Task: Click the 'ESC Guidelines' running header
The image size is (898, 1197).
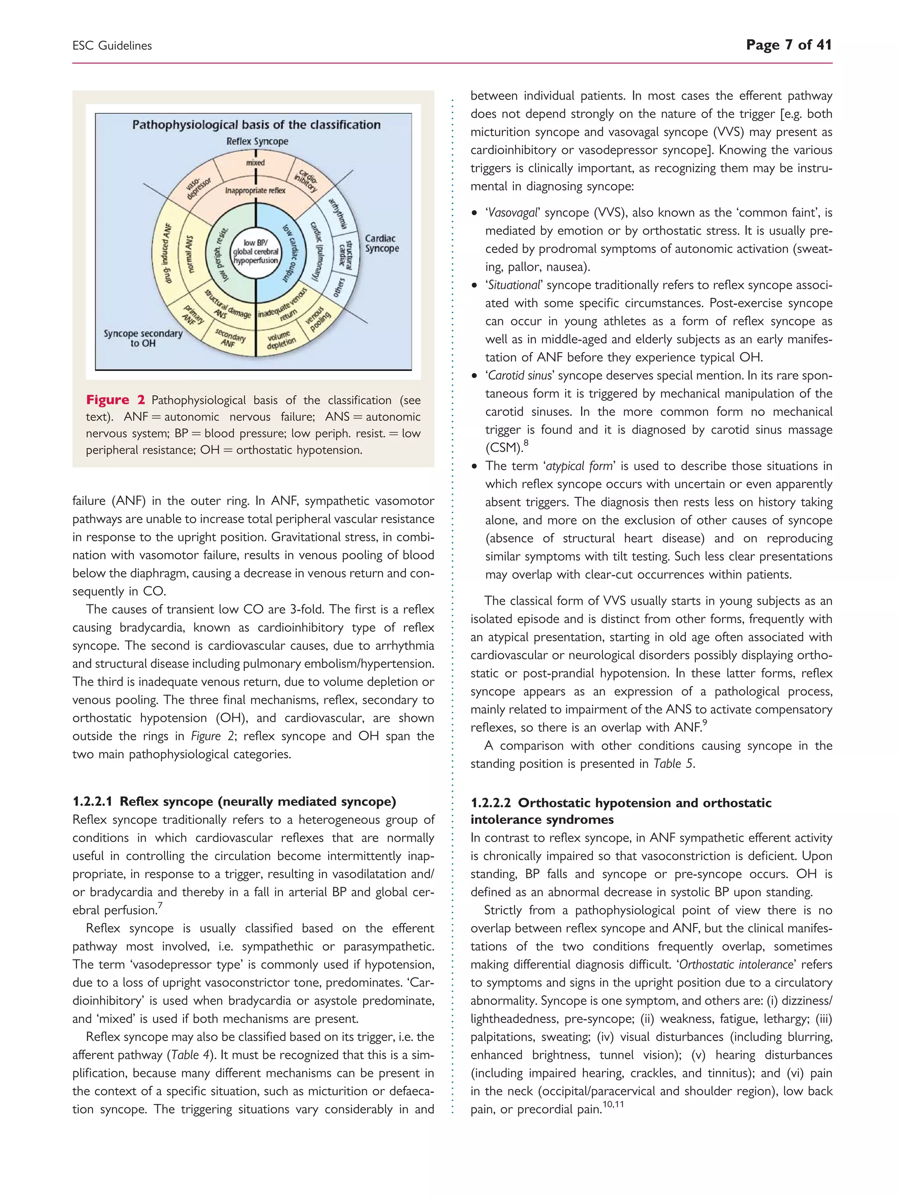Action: (x=112, y=46)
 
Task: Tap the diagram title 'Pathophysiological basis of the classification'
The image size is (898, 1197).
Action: (x=256, y=125)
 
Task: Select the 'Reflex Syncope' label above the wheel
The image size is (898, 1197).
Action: (x=257, y=142)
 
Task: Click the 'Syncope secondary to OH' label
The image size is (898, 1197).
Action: (x=143, y=338)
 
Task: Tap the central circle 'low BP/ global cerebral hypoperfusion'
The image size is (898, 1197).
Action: (x=256, y=252)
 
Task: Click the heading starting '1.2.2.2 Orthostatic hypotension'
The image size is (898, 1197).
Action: (x=621, y=803)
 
